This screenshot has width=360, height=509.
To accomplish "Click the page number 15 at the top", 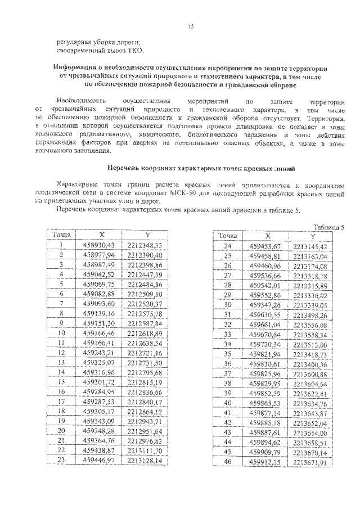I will click(191, 25).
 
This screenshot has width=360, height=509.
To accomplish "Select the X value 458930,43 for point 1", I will click(98, 245).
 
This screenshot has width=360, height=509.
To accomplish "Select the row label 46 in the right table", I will click(228, 462).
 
